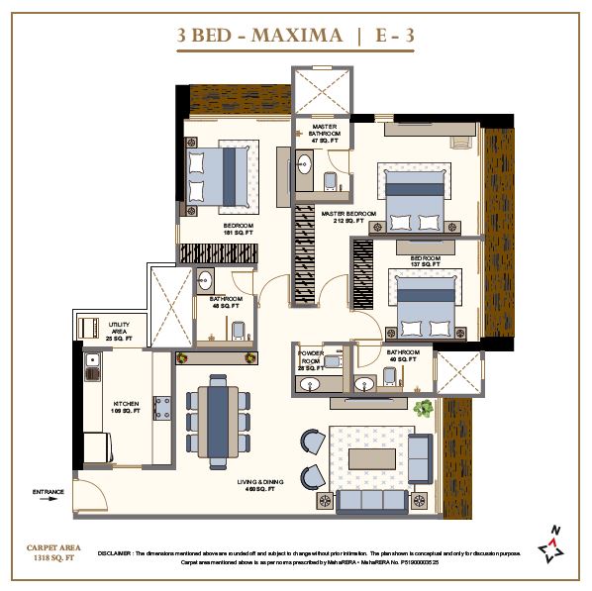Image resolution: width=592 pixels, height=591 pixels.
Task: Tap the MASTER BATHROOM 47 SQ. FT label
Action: click(326, 134)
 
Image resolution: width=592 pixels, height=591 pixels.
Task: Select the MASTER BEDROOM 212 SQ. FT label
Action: click(349, 217)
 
